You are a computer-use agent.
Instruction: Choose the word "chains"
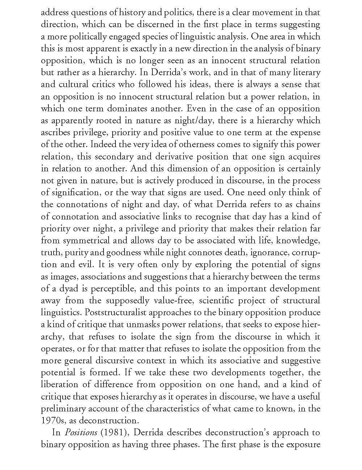(x=308, y=204)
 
